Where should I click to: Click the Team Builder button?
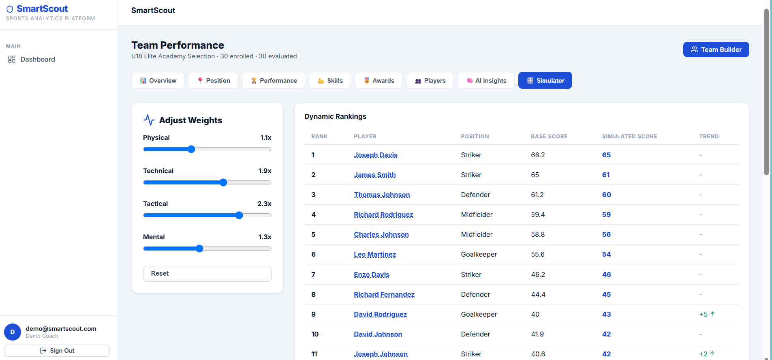click(716, 49)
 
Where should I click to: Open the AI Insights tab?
click(486, 80)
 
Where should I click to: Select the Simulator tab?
click(545, 80)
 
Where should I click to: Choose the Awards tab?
click(379, 80)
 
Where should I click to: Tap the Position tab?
click(213, 80)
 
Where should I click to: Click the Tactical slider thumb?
click(239, 215)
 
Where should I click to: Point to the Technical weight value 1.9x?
click(265, 171)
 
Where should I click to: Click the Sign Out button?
click(57, 351)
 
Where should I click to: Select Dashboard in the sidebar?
click(38, 59)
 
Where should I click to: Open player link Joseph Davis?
click(376, 155)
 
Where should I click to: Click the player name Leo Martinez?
click(375, 254)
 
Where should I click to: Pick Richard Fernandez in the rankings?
click(384, 294)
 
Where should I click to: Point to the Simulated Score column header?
click(630, 136)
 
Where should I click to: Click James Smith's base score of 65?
click(535, 175)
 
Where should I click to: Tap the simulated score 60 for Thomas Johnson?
click(607, 195)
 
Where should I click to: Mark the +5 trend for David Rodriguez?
click(707, 314)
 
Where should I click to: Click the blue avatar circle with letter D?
click(13, 332)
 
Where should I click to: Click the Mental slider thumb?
click(199, 249)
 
